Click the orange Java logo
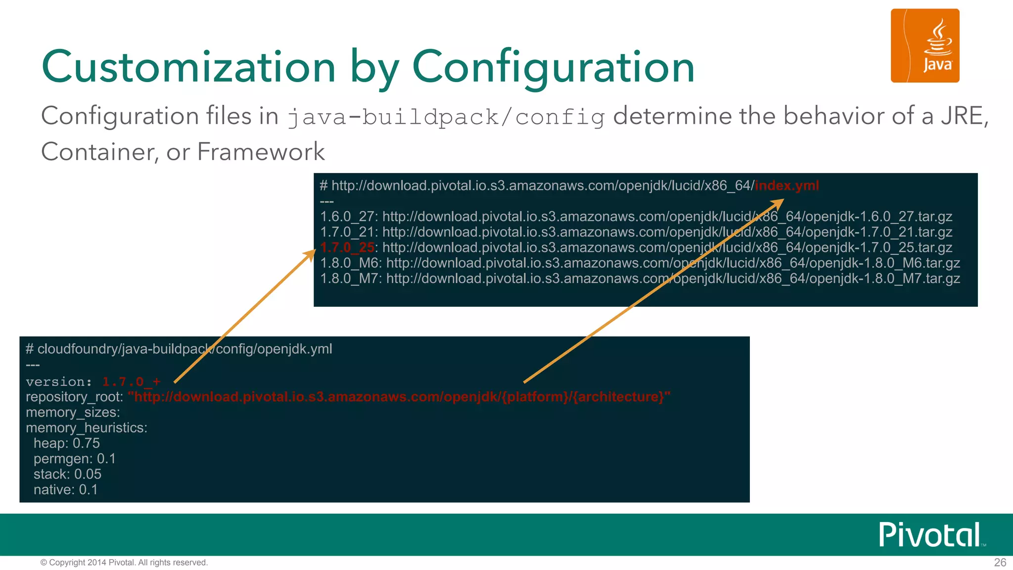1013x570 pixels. click(x=924, y=46)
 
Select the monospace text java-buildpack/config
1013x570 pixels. click(x=446, y=117)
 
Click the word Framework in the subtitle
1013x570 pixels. click(x=261, y=151)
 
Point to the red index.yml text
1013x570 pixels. click(x=786, y=186)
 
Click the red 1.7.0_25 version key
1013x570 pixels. click(x=347, y=247)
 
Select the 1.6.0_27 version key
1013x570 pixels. click(x=347, y=216)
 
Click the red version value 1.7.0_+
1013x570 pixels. click(x=131, y=381)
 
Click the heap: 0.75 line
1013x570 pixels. click(x=66, y=443)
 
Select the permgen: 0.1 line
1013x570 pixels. click(x=74, y=459)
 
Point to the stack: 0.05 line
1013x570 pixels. click(x=67, y=474)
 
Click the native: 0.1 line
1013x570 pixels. click(x=65, y=489)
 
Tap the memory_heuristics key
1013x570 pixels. click(x=86, y=427)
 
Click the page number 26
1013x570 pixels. click(x=1000, y=563)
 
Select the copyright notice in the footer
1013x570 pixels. click(x=124, y=563)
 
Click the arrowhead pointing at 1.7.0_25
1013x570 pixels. click(x=310, y=254)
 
